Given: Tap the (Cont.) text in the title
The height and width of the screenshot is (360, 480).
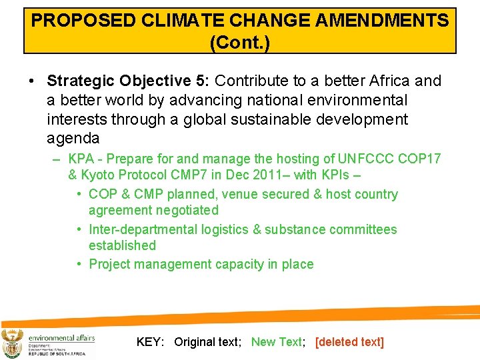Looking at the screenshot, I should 239,43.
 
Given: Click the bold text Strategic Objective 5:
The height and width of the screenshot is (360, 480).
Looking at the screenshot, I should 128,81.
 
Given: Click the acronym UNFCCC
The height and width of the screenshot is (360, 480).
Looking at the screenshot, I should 366,159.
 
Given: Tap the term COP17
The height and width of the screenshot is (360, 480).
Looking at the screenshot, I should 419,159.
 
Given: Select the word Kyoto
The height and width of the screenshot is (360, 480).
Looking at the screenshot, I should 100,175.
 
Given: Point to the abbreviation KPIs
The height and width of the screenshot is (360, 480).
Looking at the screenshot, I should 323,175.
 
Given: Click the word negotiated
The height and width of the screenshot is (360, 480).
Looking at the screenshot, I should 187,211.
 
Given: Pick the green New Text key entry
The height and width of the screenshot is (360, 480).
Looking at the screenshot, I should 276,342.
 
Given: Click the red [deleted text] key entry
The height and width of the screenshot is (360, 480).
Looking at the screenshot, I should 349,342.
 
